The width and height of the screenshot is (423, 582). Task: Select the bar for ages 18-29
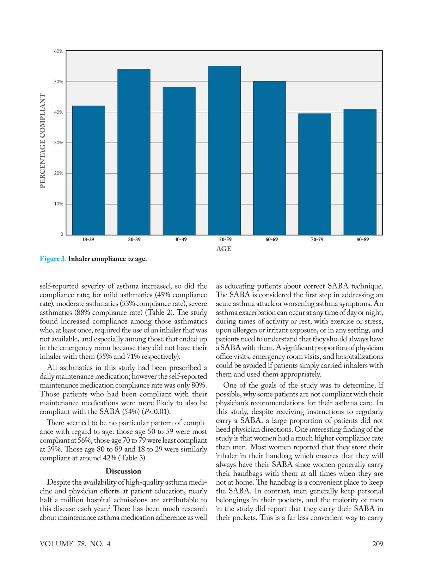88,170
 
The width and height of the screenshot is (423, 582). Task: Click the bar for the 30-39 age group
134,152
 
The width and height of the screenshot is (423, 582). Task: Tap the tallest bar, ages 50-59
224,150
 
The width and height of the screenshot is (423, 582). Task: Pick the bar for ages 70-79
314,174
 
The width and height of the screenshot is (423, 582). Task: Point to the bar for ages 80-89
360,172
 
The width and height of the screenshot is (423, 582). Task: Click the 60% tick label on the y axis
59,51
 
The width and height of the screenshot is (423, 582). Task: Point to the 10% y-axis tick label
59,204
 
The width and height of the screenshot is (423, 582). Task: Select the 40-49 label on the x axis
180,240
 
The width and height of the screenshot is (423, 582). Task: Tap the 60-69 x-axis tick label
271,240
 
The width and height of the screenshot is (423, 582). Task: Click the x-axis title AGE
224,249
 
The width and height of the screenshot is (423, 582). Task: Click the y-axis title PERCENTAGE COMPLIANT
43,141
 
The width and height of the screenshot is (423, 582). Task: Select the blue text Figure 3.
53,259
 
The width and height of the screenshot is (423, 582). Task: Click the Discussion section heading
123,471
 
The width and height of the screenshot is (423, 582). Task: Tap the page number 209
378,544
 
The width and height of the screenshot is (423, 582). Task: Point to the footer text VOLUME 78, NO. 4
75,544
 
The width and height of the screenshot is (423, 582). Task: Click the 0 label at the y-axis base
62,234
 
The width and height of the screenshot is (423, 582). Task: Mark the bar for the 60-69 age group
269,158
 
